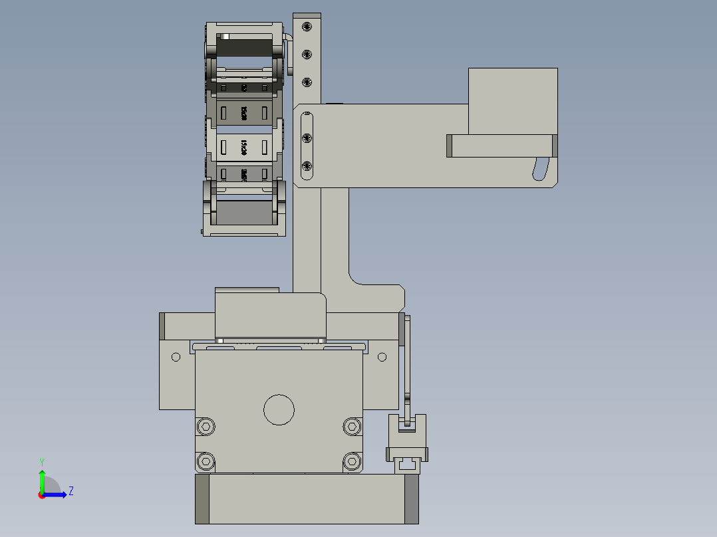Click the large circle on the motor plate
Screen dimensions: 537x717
tap(279, 409)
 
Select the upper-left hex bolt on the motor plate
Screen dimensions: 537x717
tap(206, 425)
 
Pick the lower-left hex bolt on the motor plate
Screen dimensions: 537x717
tap(206, 460)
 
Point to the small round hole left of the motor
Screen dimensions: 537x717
tap(176, 357)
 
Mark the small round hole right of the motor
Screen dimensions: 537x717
tap(382, 357)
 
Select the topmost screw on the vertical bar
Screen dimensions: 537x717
tap(307, 27)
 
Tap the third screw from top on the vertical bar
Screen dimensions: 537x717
tap(307, 82)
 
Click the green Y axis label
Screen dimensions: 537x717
tap(41, 461)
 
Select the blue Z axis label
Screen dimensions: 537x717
tap(71, 491)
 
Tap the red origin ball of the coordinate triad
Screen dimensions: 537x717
tap(41, 494)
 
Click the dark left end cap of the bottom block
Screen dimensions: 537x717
tap(202, 499)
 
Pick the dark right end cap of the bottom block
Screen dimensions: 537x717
tap(412, 499)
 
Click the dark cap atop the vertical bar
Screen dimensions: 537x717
tap(307, 15)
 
